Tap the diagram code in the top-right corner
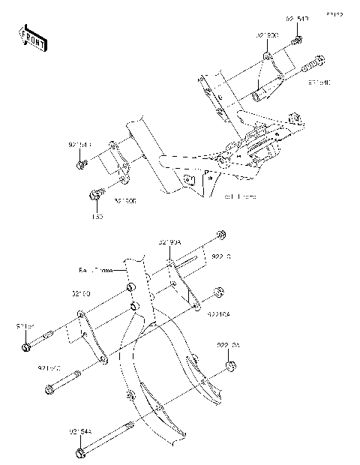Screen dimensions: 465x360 tap(334, 14)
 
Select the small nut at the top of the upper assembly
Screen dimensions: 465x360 tap(298, 39)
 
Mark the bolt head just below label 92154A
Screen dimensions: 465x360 tap(81, 453)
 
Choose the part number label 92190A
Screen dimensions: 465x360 tap(170, 242)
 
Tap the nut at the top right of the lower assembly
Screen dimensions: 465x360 tap(220, 235)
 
